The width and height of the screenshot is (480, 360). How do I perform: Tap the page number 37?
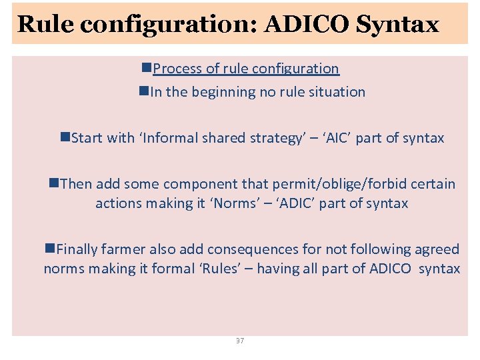(x=240, y=341)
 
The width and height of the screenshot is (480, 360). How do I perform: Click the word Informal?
(x=170, y=138)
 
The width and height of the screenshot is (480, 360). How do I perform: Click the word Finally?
(x=77, y=249)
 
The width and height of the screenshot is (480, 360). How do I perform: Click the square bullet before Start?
(x=65, y=137)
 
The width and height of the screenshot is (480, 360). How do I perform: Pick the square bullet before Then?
(x=53, y=183)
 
